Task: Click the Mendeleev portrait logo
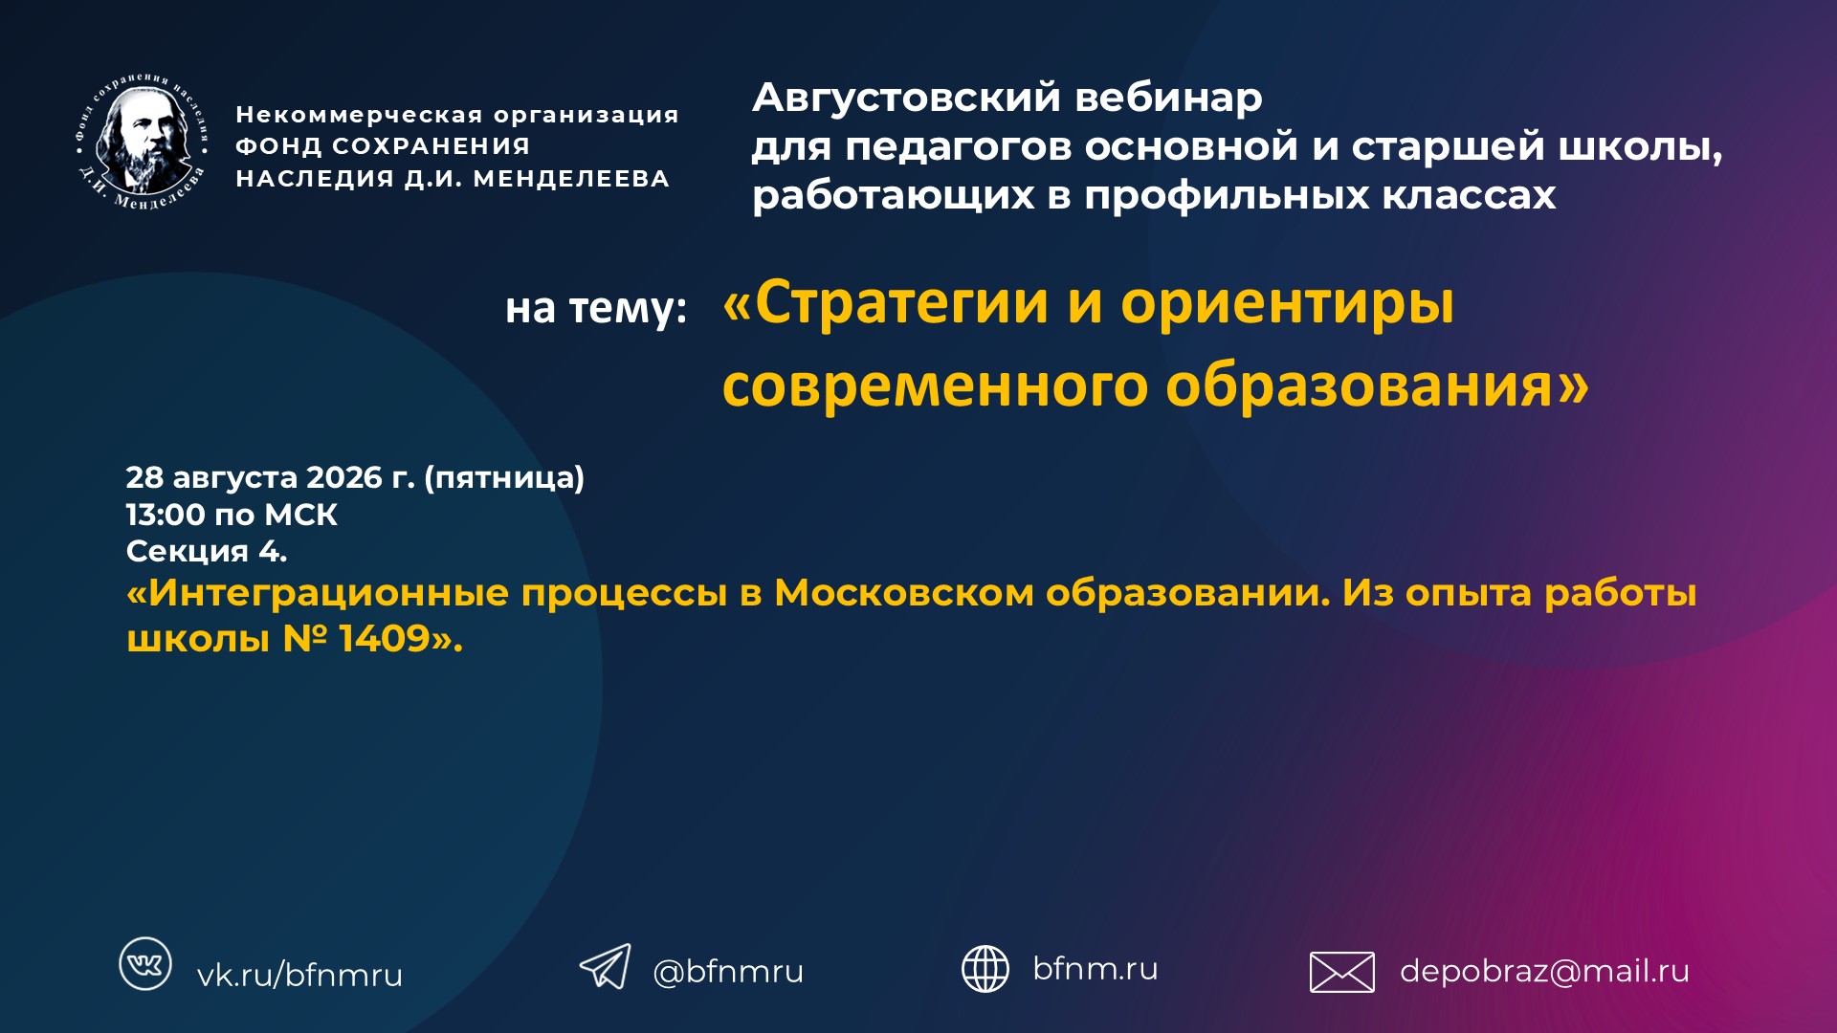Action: point(143,143)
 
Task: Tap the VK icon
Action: point(145,963)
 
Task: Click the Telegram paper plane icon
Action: point(606,966)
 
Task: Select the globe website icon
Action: point(985,969)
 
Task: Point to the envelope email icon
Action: point(1342,973)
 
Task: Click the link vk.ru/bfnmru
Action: point(299,975)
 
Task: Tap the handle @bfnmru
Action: point(728,972)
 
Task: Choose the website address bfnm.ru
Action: point(1096,968)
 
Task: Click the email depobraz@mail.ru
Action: point(1544,972)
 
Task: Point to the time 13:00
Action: point(166,515)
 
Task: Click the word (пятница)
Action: point(504,477)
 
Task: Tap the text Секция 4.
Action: point(207,551)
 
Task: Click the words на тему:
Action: point(596,309)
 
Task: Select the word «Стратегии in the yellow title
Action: point(886,303)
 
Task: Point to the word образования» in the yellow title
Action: point(1378,386)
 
